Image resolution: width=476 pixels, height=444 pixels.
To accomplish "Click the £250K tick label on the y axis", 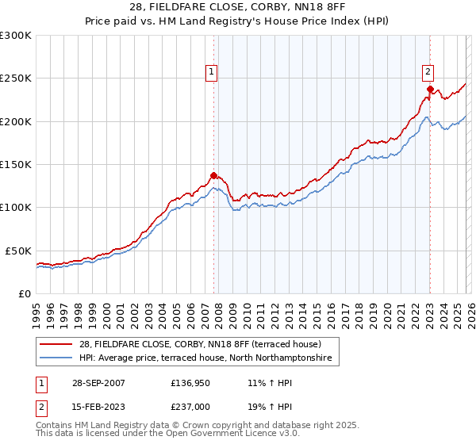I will coord(16,78).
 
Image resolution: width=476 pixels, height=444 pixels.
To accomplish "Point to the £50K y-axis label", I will coord(18,251).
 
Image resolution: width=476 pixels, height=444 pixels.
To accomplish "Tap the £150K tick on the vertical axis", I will coord(16,165).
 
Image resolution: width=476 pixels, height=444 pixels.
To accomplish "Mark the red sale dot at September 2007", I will coord(213,175).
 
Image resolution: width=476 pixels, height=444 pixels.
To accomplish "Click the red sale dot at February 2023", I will coord(429,89).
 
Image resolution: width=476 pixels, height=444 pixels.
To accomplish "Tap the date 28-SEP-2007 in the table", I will coord(98,382).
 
